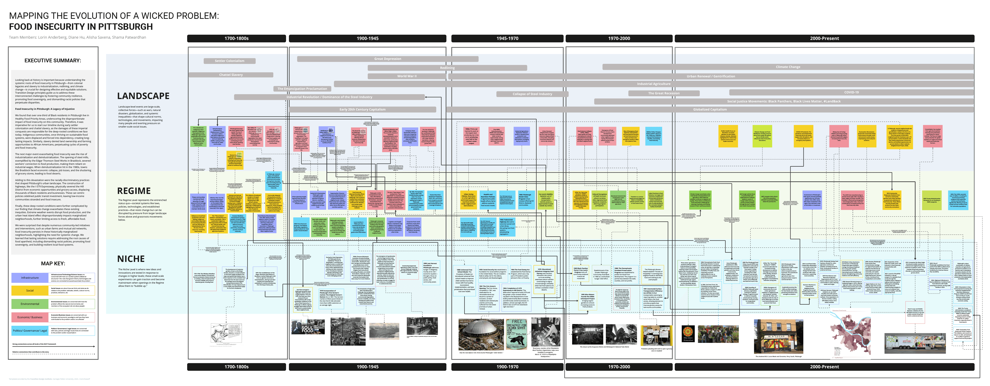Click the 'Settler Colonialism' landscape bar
(229, 61)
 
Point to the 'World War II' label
(407, 76)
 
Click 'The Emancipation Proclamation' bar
(302, 89)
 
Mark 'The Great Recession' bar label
(664, 93)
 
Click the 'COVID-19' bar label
(851, 92)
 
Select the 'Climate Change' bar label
(788, 67)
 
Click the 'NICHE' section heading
(131, 259)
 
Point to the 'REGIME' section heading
(134, 191)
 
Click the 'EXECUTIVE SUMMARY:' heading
(53, 60)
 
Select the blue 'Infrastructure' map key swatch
(30, 278)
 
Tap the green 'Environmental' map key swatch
(30, 304)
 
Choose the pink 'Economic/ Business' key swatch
(30, 317)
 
